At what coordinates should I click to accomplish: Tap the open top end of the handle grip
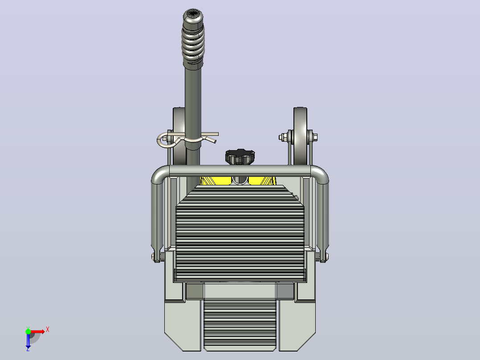pos(193,14)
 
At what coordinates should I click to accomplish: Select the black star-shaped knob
pos(240,156)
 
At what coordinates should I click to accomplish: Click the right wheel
pos(300,136)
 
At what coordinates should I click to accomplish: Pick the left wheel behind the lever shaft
pos(179,136)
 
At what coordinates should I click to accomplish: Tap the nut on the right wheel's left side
pos(282,137)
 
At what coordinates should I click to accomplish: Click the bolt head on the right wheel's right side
pos(315,137)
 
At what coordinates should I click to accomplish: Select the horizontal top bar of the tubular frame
pos(240,171)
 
